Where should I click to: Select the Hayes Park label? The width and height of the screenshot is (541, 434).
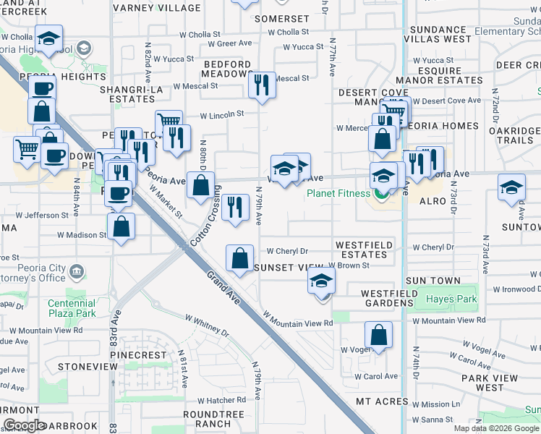point(451,299)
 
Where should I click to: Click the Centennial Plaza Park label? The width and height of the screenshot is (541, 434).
point(72,309)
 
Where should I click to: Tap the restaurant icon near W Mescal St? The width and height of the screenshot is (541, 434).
point(261,85)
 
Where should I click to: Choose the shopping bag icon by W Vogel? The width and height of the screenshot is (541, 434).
point(378,336)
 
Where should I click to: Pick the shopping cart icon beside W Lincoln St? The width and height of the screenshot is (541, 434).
point(169,122)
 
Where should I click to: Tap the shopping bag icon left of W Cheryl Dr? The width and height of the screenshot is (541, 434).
point(239,258)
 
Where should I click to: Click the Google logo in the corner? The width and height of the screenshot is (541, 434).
point(24,425)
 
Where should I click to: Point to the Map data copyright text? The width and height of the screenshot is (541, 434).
point(496,428)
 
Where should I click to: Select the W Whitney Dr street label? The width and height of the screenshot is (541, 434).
point(206,324)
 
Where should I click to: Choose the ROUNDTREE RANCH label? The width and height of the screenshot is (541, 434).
point(207,418)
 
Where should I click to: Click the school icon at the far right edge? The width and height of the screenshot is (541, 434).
point(511,188)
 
